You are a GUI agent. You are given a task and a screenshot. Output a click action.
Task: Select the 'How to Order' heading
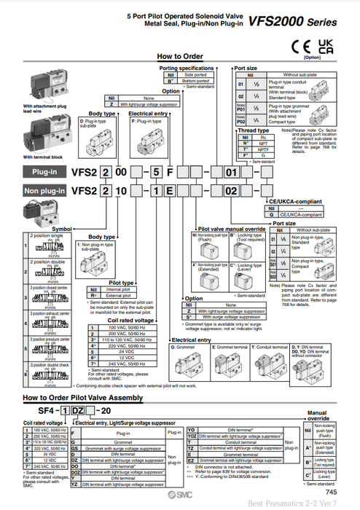[x=179, y=56]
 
